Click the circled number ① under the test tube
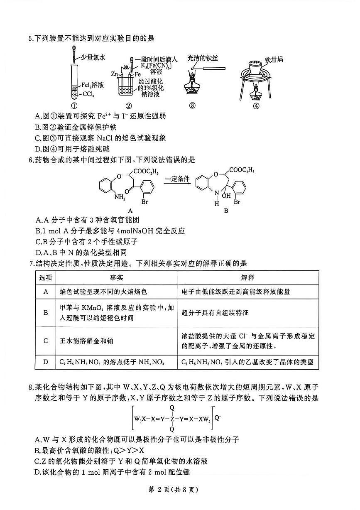[74, 105]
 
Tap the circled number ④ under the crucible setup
[256, 105]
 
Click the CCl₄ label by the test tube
[91, 94]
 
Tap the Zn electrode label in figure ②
[114, 74]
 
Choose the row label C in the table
[46, 341]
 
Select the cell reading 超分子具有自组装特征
[215, 312]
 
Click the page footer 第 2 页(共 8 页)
[179, 489]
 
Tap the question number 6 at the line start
[31, 159]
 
